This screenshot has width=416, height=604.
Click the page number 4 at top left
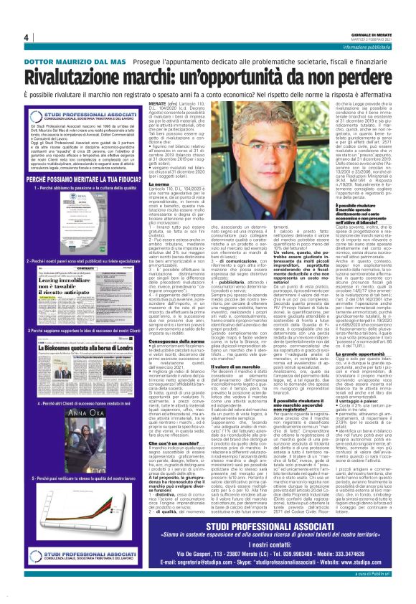click(26, 37)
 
